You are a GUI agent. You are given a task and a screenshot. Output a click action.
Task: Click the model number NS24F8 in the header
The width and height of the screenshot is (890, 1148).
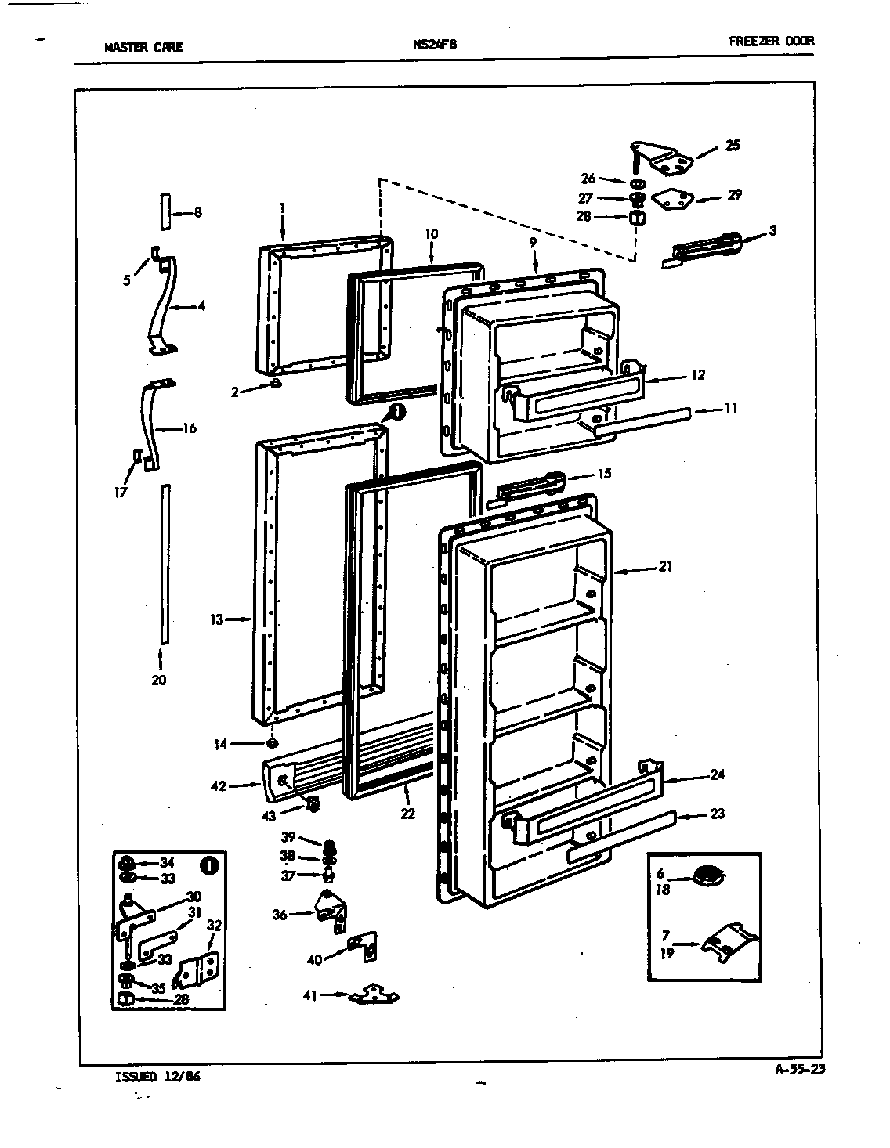pyautogui.click(x=434, y=45)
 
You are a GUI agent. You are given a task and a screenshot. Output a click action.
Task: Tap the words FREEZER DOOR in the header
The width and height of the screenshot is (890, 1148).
pyautogui.click(x=771, y=42)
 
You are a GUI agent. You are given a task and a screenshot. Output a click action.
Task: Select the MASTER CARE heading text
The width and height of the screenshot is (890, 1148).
pyautogui.click(x=143, y=47)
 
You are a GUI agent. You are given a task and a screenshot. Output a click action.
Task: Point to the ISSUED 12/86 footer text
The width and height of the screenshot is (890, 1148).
pyautogui.click(x=157, y=1076)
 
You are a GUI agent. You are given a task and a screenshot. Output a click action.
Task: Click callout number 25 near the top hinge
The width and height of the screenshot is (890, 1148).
pyautogui.click(x=732, y=145)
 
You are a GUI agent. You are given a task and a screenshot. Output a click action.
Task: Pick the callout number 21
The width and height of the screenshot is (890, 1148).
pyautogui.click(x=665, y=566)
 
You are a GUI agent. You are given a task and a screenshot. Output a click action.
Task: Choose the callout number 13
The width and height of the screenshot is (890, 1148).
pyautogui.click(x=216, y=619)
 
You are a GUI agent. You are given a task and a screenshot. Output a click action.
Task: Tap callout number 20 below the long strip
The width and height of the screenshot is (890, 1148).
pyautogui.click(x=159, y=680)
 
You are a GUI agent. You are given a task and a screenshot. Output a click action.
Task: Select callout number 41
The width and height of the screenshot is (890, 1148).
pyautogui.click(x=309, y=995)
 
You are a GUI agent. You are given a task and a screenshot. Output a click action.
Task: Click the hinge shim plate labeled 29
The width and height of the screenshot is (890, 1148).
pyautogui.click(x=671, y=200)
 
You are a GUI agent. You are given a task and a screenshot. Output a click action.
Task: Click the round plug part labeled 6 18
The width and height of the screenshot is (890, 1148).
pyautogui.click(x=708, y=875)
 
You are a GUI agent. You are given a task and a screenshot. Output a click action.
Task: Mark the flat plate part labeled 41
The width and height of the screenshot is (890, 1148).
pyautogui.click(x=374, y=995)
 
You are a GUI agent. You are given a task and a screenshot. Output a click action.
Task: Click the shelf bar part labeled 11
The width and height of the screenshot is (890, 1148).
pyautogui.click(x=642, y=421)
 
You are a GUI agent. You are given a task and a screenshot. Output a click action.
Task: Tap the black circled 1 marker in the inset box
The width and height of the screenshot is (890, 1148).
pyautogui.click(x=208, y=865)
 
